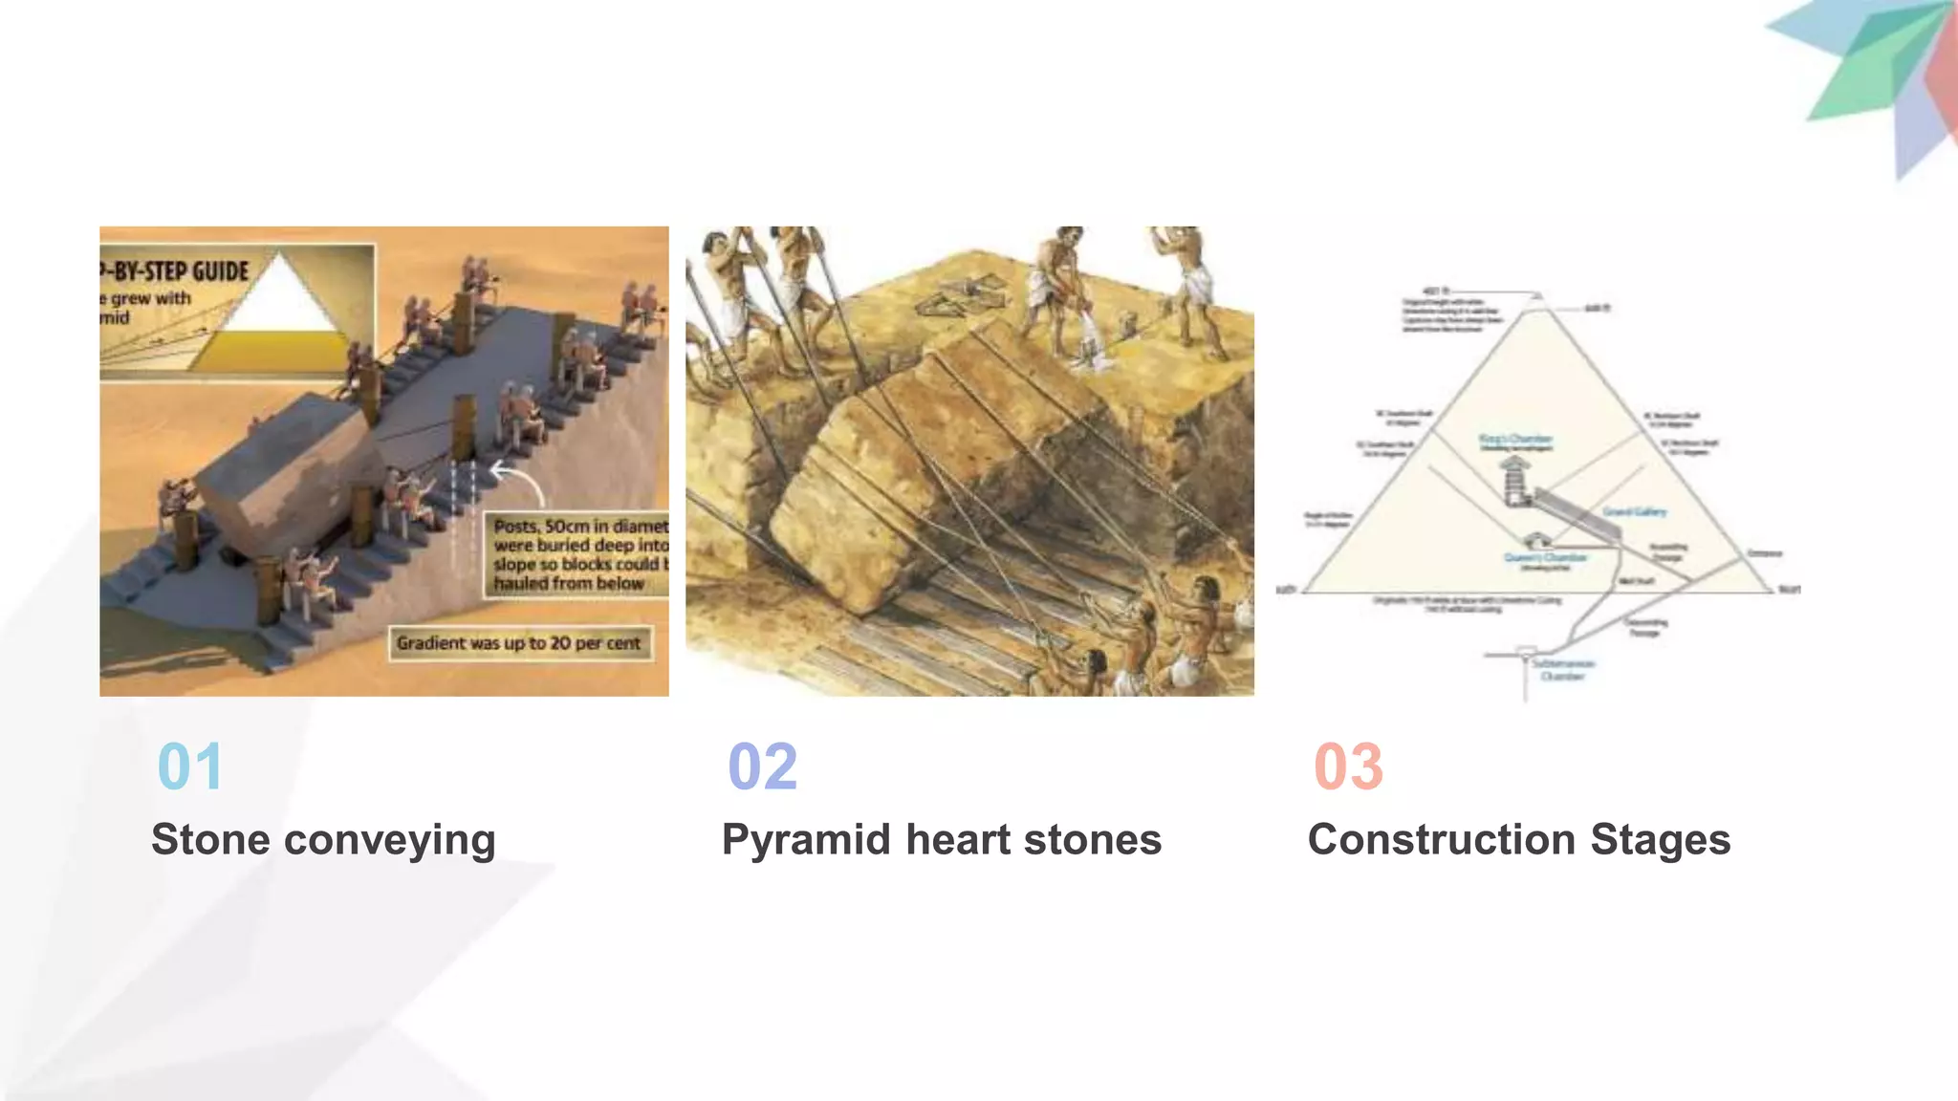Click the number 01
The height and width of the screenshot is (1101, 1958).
(x=190, y=766)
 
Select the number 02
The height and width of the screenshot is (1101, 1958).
(x=762, y=766)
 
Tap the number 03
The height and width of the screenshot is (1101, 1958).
(x=1348, y=766)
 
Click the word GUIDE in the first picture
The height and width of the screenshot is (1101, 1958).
(x=220, y=271)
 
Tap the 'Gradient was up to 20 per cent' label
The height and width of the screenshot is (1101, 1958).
(x=519, y=643)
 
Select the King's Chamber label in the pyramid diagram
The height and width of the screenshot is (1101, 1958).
(x=1515, y=440)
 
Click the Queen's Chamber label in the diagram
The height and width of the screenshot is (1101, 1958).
(x=1545, y=557)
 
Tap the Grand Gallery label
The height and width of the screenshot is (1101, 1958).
(x=1634, y=511)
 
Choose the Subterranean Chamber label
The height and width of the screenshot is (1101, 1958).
(x=1563, y=669)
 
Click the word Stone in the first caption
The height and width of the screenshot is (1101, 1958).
(x=210, y=839)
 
